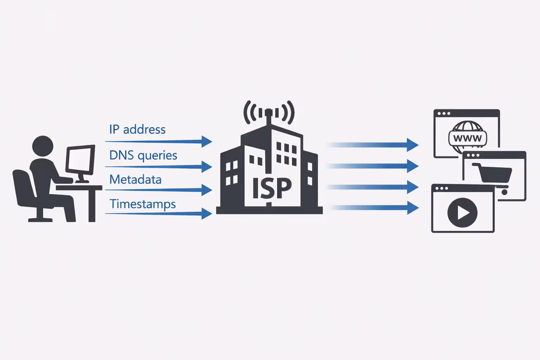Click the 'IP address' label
tap(137, 129)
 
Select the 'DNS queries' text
tap(143, 155)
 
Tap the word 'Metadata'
tap(135, 180)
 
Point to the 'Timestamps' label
tap(142, 204)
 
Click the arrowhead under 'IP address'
tap(207, 141)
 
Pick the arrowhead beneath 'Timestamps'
tap(207, 213)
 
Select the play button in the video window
tap(462, 213)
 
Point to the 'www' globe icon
tap(468, 137)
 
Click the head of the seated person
tap(43, 146)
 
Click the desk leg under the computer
tap(92, 206)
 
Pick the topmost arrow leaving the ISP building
tap(373, 145)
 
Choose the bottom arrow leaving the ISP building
tap(373, 208)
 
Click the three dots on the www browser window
tap(444, 114)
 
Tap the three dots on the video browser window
tap(442, 188)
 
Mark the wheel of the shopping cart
tap(504, 192)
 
